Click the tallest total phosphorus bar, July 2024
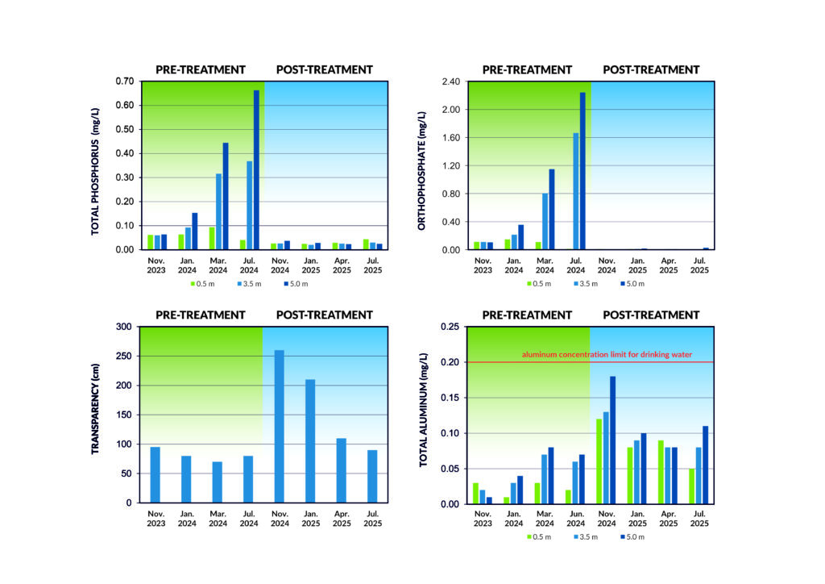click(x=256, y=169)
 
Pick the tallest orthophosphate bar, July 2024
click(x=582, y=171)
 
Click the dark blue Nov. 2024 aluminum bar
click(x=612, y=440)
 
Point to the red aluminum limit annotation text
click(x=606, y=355)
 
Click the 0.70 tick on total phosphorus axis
click(x=125, y=81)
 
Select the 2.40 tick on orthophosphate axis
click(x=449, y=81)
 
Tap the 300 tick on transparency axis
click(x=124, y=327)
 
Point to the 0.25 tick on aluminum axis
click(x=449, y=327)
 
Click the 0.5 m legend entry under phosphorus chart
click(x=201, y=283)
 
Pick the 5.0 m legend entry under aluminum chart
click(x=630, y=536)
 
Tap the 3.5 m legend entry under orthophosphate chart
click(x=586, y=283)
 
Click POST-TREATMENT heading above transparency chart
click(x=324, y=315)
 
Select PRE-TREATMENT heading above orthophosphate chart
click(x=527, y=69)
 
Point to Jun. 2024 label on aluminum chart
click(x=575, y=519)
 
